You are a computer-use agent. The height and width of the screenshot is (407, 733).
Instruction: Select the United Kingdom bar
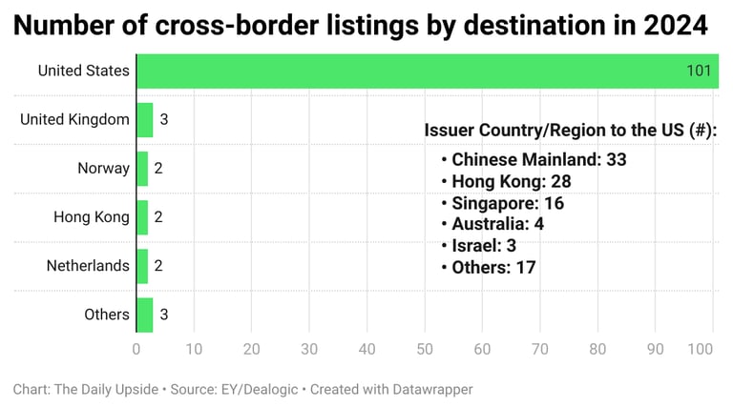pos(145,119)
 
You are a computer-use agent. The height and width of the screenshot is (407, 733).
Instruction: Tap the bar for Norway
pos(142,168)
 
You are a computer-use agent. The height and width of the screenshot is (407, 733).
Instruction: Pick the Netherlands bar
pos(142,266)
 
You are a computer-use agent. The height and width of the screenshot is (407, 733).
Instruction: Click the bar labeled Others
pos(145,315)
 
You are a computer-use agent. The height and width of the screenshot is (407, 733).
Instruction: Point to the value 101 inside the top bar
pos(700,71)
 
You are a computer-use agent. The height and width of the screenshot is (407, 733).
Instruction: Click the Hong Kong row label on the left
pos(92,217)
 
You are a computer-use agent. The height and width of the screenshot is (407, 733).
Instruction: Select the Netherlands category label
pos(88,266)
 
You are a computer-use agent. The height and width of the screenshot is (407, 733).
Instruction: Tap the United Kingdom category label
pos(74,119)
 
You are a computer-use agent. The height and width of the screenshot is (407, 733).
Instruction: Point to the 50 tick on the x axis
pos(425,349)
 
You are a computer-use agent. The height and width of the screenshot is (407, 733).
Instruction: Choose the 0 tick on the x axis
pos(136,349)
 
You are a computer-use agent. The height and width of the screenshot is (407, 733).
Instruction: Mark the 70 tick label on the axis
pos(540,349)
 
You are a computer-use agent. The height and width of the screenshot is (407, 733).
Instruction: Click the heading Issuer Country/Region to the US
pos(570,131)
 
